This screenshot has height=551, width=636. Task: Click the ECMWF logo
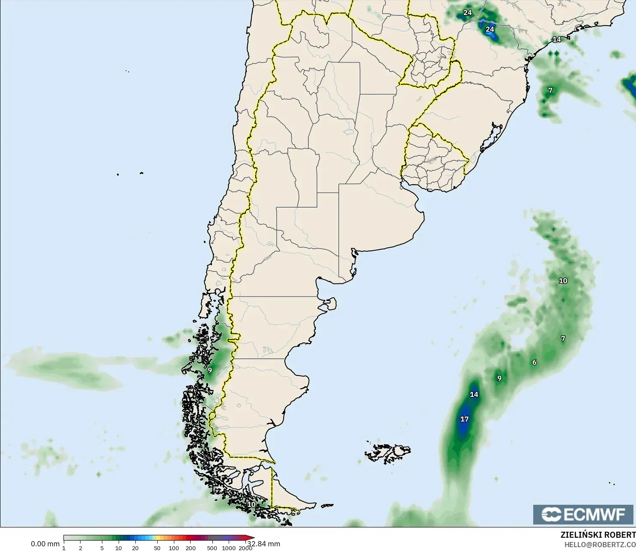pyautogui.click(x=583, y=514)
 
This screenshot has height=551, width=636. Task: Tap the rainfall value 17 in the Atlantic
pyautogui.click(x=464, y=419)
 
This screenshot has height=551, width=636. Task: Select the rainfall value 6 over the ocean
pyautogui.click(x=534, y=363)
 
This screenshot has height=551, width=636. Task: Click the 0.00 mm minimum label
pyautogui.click(x=45, y=544)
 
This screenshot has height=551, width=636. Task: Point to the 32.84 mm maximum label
pyautogui.click(x=264, y=544)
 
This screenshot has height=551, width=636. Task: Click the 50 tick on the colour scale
pyautogui.click(x=157, y=548)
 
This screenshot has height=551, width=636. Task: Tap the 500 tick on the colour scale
pyautogui.click(x=212, y=548)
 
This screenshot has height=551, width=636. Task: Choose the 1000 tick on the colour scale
pyautogui.click(x=229, y=548)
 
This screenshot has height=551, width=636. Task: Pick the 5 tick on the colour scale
pyautogui.click(x=102, y=548)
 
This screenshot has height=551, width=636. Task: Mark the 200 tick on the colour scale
pyautogui.click(x=191, y=548)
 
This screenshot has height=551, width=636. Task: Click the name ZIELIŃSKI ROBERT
pyautogui.click(x=598, y=535)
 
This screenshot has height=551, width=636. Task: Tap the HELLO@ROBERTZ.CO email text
pyautogui.click(x=600, y=545)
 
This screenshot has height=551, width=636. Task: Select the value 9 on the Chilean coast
pyautogui.click(x=210, y=370)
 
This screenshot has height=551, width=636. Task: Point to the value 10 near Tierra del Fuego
pyautogui.click(x=251, y=504)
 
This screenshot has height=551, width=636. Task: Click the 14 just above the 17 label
pyautogui.click(x=474, y=394)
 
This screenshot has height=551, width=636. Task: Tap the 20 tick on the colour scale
pyautogui.click(x=135, y=548)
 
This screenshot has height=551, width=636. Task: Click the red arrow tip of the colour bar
pyautogui.click(x=252, y=538)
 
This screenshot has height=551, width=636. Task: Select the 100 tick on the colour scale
pyautogui.click(x=174, y=548)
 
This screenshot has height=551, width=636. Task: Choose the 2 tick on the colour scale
pyautogui.click(x=81, y=548)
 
